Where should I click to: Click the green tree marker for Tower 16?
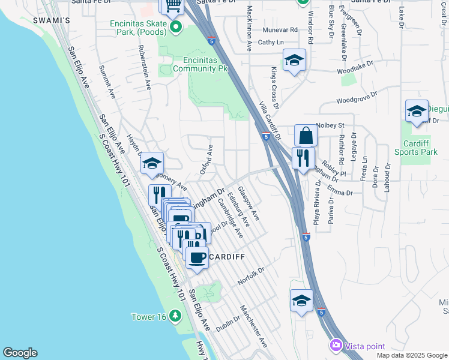click(x=175, y=315)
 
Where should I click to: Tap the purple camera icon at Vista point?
click(x=335, y=345)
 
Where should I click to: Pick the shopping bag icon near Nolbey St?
click(x=306, y=136)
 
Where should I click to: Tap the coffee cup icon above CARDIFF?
click(x=196, y=257)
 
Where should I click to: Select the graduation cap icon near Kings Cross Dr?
click(x=294, y=60)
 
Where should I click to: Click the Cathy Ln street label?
click(x=271, y=43)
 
